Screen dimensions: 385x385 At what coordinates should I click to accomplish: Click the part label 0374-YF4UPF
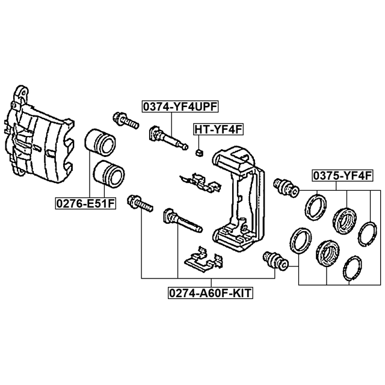pyautogui.click(x=180, y=106)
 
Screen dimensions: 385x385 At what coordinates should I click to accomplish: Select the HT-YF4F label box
pyautogui.click(x=218, y=129)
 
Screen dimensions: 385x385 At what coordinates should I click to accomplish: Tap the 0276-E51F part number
pyautogui.click(x=85, y=203)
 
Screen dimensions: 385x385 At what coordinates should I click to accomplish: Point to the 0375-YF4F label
pyautogui.click(x=342, y=176)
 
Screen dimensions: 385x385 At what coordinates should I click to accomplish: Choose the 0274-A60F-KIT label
pyautogui.click(x=211, y=293)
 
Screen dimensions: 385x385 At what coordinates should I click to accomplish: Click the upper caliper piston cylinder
pyautogui.click(x=100, y=143)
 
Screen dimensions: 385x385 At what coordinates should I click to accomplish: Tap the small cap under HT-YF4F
pyautogui.click(x=199, y=153)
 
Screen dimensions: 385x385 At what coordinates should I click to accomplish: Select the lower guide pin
pyautogui.click(x=183, y=220)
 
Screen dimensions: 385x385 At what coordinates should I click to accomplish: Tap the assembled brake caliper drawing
pyautogui.click(x=39, y=135)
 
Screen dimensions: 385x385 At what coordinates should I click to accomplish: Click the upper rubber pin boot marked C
pyautogui.click(x=286, y=187)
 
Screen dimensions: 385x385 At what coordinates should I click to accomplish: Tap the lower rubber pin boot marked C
pyautogui.click(x=276, y=260)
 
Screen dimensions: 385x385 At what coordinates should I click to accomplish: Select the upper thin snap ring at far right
pyautogui.click(x=367, y=233)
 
